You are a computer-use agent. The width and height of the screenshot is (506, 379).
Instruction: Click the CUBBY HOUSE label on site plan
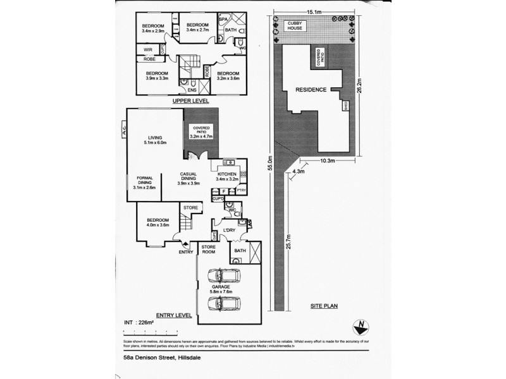[296, 26]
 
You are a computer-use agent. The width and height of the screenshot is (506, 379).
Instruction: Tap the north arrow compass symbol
[360, 326]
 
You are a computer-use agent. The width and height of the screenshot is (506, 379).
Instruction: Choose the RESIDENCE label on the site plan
[311, 90]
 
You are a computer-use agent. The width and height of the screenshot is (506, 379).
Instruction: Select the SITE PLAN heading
[324, 305]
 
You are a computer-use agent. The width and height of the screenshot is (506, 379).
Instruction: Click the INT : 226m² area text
[137, 323]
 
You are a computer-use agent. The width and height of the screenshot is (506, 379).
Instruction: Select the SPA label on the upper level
[223, 20]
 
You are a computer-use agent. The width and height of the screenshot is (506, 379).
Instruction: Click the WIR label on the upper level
[147, 49]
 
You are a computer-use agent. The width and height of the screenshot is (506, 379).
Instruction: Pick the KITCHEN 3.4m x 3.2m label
[226, 176]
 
